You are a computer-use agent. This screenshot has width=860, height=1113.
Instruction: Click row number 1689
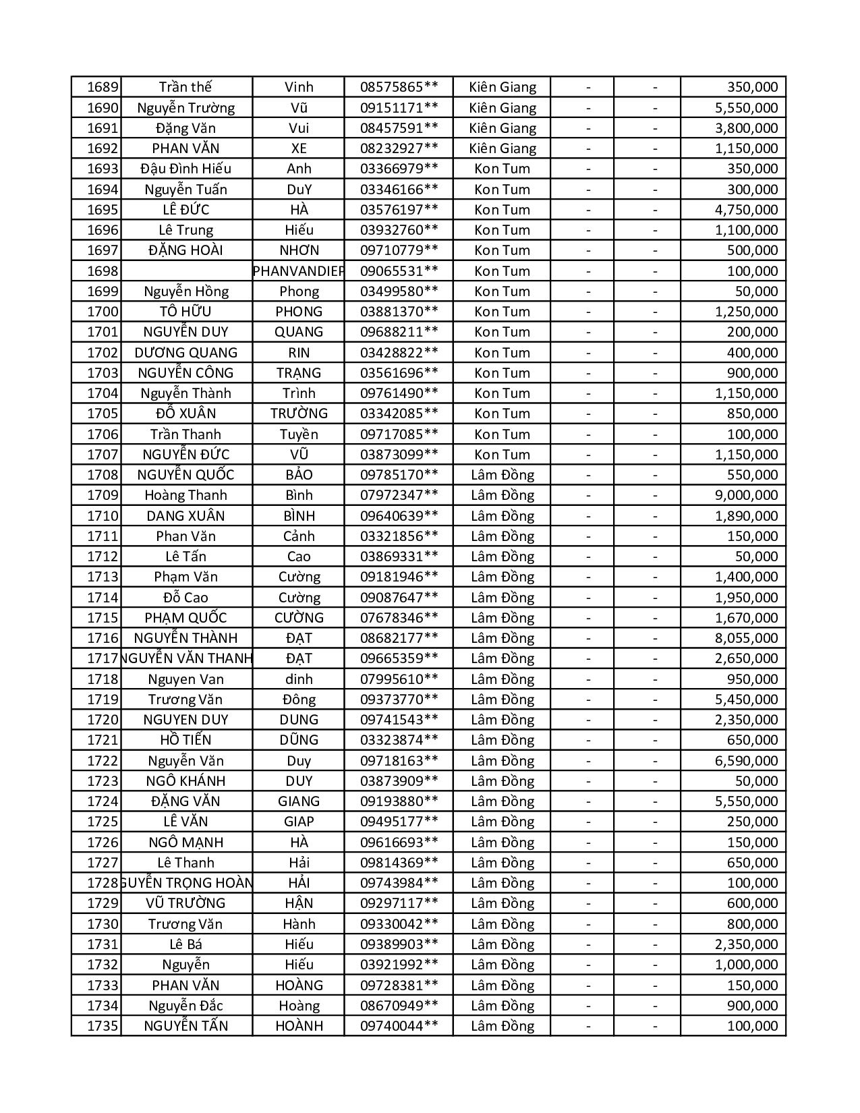(103, 87)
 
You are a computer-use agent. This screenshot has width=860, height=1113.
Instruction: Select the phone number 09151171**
(399, 108)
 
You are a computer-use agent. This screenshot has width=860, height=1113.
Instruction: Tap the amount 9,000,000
(746, 495)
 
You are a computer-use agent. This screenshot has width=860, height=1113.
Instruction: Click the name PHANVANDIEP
(298, 271)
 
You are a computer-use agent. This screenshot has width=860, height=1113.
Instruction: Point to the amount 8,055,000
(746, 638)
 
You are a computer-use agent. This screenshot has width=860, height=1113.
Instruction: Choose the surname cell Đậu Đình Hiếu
(185, 169)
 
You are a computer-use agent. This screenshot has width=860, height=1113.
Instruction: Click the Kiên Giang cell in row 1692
(503, 148)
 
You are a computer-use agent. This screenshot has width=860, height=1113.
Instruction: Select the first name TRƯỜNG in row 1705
(299, 413)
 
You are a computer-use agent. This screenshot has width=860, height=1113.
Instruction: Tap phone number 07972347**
(399, 495)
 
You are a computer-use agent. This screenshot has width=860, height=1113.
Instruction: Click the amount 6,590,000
(746, 761)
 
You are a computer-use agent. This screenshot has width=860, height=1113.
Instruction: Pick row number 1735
(103, 1026)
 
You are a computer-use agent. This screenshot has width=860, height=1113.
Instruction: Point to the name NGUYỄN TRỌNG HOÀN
(187, 883)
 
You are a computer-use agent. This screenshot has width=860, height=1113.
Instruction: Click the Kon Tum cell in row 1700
(503, 312)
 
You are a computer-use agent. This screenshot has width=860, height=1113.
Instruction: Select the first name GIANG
(299, 801)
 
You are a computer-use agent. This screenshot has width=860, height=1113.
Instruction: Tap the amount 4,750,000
(746, 210)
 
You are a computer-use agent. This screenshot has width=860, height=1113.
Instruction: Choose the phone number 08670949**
(399, 1006)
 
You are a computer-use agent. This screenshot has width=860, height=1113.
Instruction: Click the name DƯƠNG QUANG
(185, 353)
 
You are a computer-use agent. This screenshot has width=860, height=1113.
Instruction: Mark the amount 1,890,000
(746, 516)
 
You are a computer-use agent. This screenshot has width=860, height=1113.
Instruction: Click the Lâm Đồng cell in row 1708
(503, 475)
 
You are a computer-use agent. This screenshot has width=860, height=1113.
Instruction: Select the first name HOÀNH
(299, 1026)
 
